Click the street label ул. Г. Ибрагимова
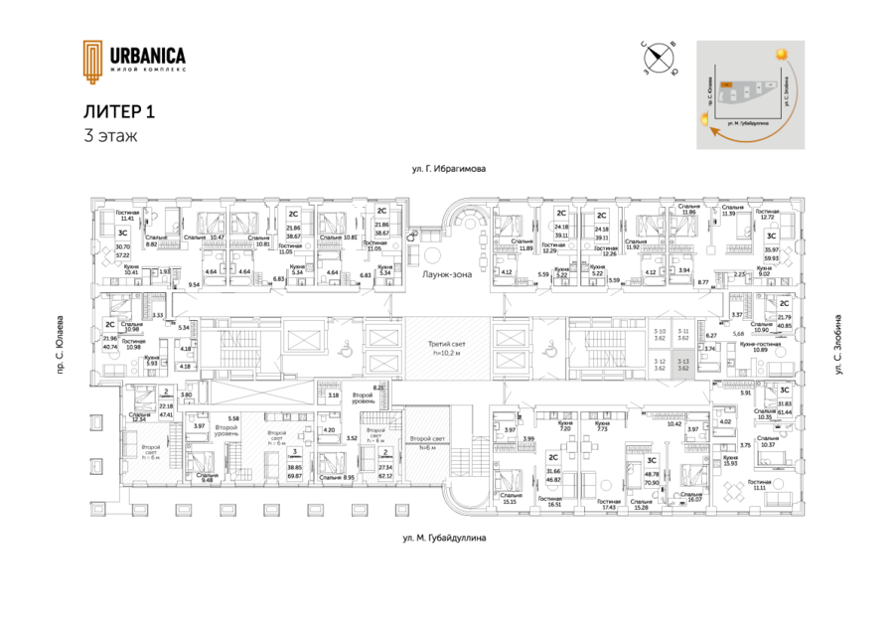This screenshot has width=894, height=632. point(447,170)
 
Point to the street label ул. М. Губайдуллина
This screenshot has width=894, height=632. point(444,539)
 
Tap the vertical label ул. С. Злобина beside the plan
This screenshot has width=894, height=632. point(838,352)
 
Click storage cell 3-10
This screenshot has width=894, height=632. point(660,336)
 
